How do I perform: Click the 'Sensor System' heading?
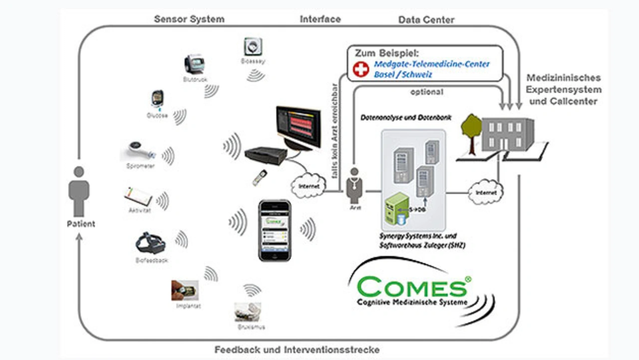pos(189,19)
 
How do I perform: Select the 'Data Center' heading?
pos(426,20)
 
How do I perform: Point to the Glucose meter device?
pos(157,99)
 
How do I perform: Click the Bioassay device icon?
pos(253,47)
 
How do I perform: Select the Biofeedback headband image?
pos(150,243)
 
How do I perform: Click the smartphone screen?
pos(274,230)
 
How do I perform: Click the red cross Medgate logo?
pos(361,69)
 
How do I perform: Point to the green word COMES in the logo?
pos(412,287)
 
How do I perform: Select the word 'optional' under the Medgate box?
pos(426,92)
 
